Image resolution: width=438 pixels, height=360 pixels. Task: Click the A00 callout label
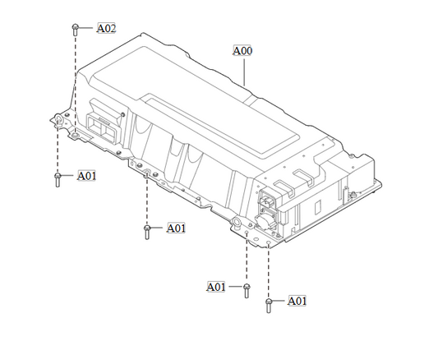tap(243, 51)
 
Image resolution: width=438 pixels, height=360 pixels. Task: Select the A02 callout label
tap(106, 28)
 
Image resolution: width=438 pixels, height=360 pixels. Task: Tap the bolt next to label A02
tap(76, 29)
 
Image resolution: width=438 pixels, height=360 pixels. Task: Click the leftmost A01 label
tap(87, 175)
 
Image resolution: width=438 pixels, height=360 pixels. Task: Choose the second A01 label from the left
tap(177, 228)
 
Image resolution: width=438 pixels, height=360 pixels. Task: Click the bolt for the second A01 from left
tap(147, 231)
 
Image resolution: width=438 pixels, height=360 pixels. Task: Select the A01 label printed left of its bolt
tap(215, 287)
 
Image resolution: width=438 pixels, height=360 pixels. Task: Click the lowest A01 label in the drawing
tap(297, 301)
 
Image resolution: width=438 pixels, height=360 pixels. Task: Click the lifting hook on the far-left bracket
tap(60, 122)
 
